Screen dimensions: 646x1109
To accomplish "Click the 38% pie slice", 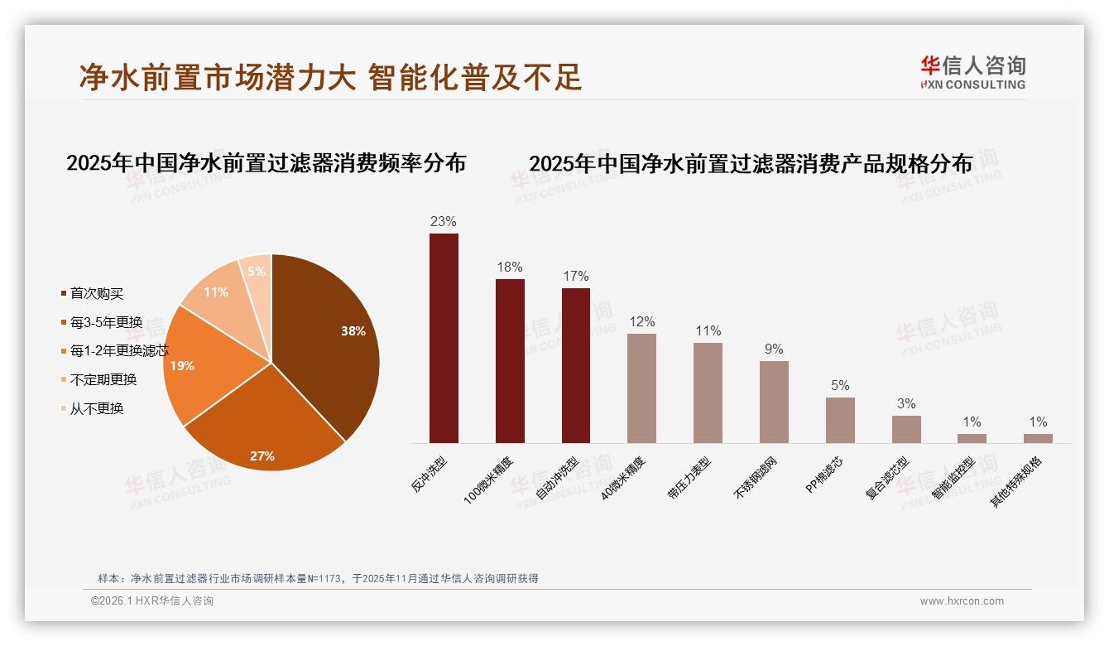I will click(x=331, y=340).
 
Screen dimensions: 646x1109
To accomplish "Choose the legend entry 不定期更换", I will click(x=103, y=379).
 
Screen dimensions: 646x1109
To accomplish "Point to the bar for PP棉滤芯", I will click(x=840, y=420).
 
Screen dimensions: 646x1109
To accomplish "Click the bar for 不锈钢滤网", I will click(x=774, y=402).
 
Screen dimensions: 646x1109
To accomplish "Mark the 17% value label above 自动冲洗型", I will click(x=576, y=276).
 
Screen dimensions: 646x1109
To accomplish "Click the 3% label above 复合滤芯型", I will click(x=906, y=404).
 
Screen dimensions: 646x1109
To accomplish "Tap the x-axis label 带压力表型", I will click(x=689, y=477).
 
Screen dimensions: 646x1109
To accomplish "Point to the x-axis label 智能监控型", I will click(x=953, y=479).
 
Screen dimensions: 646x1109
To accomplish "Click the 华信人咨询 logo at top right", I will click(x=972, y=72).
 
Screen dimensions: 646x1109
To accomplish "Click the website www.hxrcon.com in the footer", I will click(x=962, y=601).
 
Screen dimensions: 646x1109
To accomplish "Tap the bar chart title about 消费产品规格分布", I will click(x=751, y=163).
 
